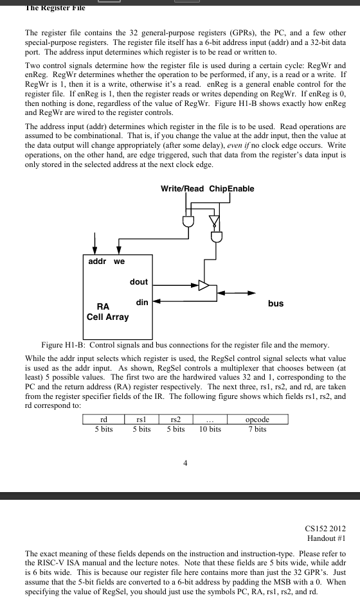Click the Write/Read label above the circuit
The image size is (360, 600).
pyautogui.click(x=182, y=188)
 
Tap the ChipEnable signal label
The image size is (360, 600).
pyautogui.click(x=231, y=188)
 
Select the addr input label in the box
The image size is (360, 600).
pyautogui.click(x=97, y=261)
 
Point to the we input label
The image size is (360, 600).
pyautogui.click(x=120, y=261)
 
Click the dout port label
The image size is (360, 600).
pyautogui.click(x=138, y=282)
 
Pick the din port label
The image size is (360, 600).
pyautogui.click(x=142, y=302)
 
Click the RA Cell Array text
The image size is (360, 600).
pyautogui.click(x=107, y=312)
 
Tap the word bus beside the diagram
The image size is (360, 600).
pyautogui.click(x=275, y=303)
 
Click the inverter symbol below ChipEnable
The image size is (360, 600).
pyautogui.click(x=214, y=222)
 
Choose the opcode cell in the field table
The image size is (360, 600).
pyautogui.click(x=257, y=419)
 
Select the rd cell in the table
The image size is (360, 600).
pyautogui.click(x=103, y=419)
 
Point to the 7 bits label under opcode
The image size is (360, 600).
pyautogui.click(x=257, y=429)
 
